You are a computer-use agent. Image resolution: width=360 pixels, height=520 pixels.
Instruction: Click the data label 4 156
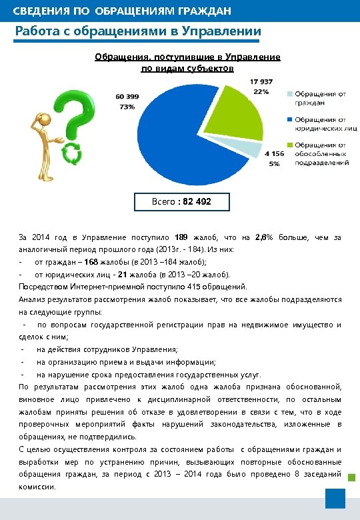click(x=275, y=154)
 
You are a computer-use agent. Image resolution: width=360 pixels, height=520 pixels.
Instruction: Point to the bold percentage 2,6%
click(x=264, y=237)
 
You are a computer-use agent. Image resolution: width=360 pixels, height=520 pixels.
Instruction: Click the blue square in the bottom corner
click(x=335, y=498)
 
